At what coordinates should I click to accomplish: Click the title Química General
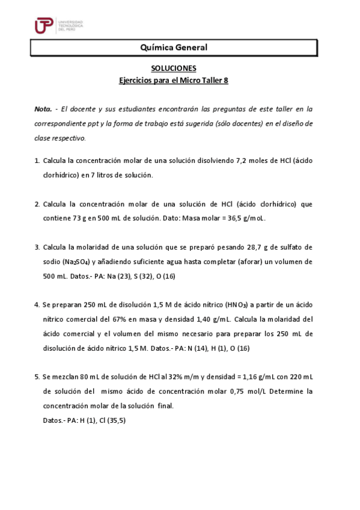pyautogui.click(x=173, y=47)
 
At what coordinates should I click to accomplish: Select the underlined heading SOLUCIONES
pyautogui.click(x=173, y=69)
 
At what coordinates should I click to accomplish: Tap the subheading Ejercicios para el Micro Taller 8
pyautogui.click(x=173, y=80)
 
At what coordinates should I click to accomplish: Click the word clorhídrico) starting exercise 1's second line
pyautogui.click(x=61, y=175)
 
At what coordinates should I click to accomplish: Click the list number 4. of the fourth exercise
pyautogui.click(x=37, y=305)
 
